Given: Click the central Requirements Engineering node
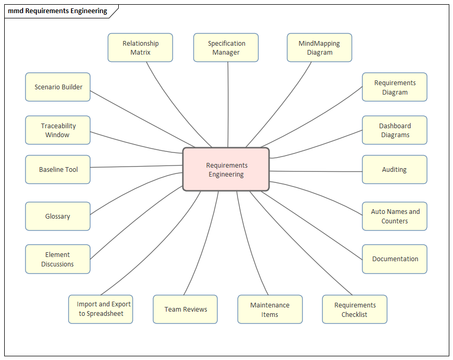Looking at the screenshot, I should [226, 169].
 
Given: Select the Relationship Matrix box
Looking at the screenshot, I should [140, 48].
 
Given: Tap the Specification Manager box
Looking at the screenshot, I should [226, 48].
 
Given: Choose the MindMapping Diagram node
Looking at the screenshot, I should [320, 48].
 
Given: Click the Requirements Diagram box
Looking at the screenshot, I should [395, 87].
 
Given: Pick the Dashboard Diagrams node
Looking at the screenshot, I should [395, 130].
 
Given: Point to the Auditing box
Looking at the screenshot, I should [395, 170].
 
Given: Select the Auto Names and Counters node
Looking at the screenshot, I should [395, 216].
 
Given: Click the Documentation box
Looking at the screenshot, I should [395, 259].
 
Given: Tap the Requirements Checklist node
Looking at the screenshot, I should [355, 310].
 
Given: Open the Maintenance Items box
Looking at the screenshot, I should [270, 310].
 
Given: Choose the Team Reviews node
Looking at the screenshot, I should [186, 310].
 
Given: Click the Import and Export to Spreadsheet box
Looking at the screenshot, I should [101, 309].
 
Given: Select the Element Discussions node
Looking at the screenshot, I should [58, 259].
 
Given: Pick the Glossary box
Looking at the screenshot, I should [58, 216].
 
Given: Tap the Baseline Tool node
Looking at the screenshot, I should [58, 170].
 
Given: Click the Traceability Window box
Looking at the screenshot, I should [58, 130].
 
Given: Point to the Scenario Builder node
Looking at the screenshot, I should [58, 87].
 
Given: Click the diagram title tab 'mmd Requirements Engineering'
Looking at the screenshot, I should [58, 11].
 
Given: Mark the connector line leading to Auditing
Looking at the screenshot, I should [315, 171].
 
